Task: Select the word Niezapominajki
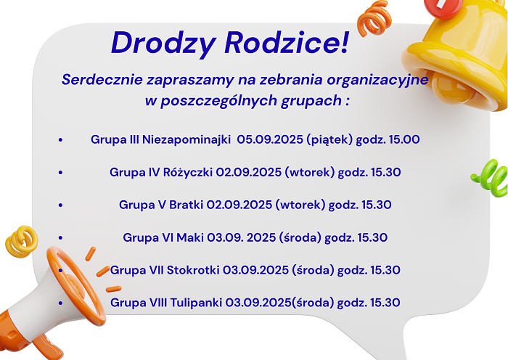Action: point(187,139)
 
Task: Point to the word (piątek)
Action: point(329,139)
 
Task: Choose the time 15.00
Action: point(404,139)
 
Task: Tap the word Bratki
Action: point(187,205)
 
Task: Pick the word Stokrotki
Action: point(193,270)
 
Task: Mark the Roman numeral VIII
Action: point(157,303)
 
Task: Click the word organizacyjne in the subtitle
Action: point(378,80)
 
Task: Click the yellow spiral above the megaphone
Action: point(22,242)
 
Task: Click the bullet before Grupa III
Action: point(60,140)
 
